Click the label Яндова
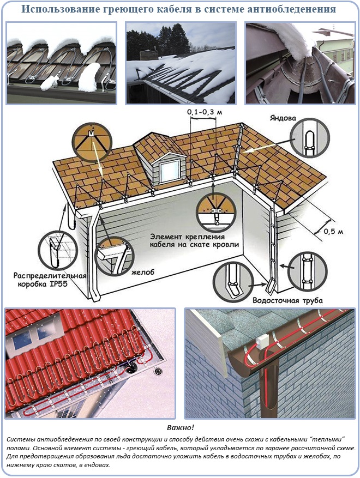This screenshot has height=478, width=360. tap(283, 118)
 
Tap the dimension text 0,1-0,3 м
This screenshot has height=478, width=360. tap(205, 112)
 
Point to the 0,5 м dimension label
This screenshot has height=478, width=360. tap(333, 232)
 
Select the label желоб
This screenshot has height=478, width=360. tap(143, 272)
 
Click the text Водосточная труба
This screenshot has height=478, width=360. tap(287, 300)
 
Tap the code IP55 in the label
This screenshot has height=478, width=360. tap(58, 284)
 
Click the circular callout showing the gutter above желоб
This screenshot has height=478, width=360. tap(114, 256)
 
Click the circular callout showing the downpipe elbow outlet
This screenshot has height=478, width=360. tap(232, 282)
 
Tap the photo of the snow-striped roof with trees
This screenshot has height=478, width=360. tap(181, 63)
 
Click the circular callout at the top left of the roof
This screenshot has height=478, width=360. tap(92, 142)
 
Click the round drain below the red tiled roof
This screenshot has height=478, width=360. tap(158, 371)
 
